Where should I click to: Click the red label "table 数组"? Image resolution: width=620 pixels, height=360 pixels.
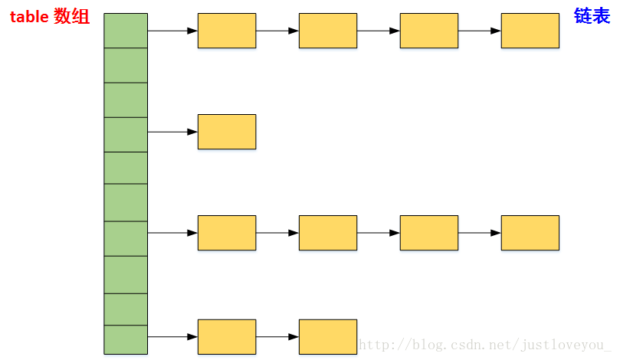(x=49, y=16)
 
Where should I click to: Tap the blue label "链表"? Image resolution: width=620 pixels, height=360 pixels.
(x=592, y=15)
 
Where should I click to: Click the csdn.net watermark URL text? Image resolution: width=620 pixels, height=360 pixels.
(x=485, y=345)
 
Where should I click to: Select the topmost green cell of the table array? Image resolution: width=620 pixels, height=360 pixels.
(x=126, y=31)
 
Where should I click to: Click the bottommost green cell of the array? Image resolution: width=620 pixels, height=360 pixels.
(x=126, y=339)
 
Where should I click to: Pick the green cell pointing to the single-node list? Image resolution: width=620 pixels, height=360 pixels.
(x=126, y=134)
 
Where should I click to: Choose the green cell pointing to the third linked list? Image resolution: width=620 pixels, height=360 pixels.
(x=126, y=238)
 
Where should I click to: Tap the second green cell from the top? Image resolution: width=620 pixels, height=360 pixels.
(x=126, y=65)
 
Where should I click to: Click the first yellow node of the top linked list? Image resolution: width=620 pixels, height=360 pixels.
(x=227, y=31)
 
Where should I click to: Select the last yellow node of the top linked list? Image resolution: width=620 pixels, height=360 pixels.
(x=530, y=31)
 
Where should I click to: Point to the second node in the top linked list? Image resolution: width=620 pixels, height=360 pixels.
(x=328, y=31)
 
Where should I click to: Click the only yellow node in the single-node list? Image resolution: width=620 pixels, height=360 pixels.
(x=227, y=132)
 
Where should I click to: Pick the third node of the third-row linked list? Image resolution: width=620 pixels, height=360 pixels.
(x=429, y=233)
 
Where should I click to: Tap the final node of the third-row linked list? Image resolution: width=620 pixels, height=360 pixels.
(x=530, y=233)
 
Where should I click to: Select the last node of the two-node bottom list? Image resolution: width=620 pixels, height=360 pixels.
(x=328, y=337)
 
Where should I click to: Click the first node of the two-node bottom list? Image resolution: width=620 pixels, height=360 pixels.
(x=227, y=337)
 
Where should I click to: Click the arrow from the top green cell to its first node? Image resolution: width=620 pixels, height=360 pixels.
(x=172, y=31)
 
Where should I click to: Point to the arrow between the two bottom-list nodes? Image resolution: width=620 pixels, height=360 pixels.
(x=277, y=337)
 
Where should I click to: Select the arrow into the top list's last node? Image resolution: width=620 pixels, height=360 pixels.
(x=480, y=31)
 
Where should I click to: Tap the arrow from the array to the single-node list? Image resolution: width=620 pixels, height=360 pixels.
(x=172, y=132)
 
